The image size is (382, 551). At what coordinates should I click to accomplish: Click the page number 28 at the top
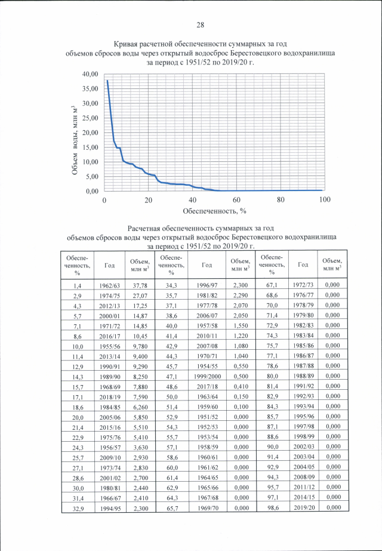(200, 25)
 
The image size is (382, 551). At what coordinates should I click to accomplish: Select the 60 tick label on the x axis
(236, 199)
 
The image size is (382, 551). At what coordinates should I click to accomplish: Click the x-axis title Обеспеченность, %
(214, 210)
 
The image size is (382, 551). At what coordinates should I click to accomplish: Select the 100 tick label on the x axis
(325, 199)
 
